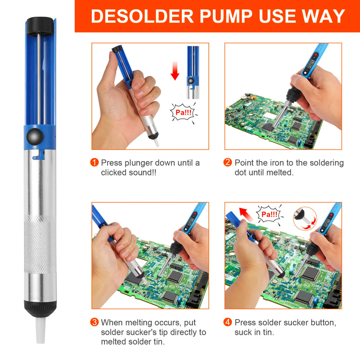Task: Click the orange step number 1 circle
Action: (x=94, y=163)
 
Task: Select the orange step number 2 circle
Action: (x=228, y=163)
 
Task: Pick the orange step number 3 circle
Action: (x=94, y=322)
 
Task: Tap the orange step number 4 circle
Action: (x=228, y=322)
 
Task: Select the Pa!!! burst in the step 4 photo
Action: (x=270, y=214)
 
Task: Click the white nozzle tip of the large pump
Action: (x=41, y=331)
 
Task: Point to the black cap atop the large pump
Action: (x=39, y=26)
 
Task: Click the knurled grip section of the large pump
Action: (x=40, y=239)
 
